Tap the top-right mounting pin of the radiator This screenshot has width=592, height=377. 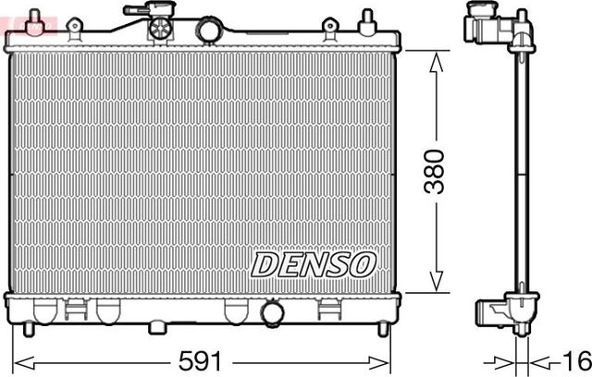(367, 18)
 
